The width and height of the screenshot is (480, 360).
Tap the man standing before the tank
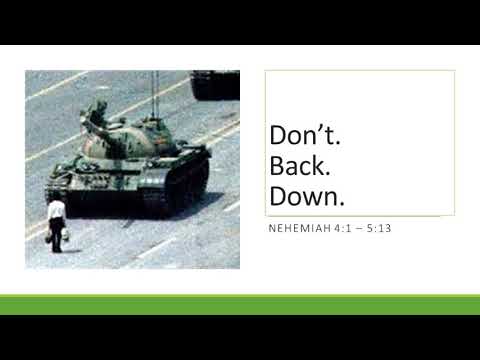[56, 221]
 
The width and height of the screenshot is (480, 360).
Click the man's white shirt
[57, 211]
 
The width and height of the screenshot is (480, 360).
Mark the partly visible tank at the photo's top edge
[215, 83]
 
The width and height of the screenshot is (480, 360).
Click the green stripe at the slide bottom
[240, 305]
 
